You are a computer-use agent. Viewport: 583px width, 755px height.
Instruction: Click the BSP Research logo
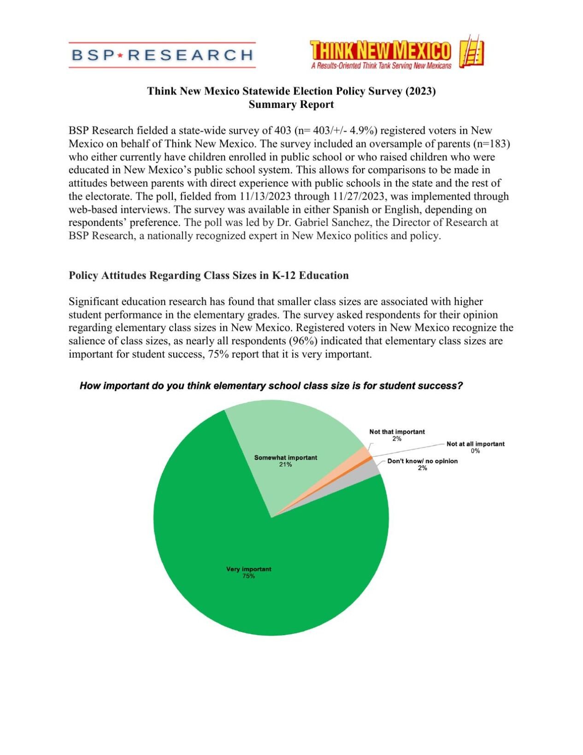[x=162, y=55]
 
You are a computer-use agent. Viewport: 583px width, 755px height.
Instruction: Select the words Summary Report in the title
[x=291, y=105]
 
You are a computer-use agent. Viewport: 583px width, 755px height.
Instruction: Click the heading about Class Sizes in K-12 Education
[x=208, y=275]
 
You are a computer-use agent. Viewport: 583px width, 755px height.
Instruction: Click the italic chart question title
[x=271, y=386]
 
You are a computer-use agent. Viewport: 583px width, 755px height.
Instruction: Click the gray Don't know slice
[x=374, y=469]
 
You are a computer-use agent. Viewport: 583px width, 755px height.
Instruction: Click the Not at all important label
[x=475, y=444]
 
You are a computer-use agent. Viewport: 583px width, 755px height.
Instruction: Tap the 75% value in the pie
[x=248, y=576]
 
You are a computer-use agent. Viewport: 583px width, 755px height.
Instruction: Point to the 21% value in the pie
[x=285, y=465]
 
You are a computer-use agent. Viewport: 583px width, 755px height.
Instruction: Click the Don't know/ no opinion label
[x=422, y=461]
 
